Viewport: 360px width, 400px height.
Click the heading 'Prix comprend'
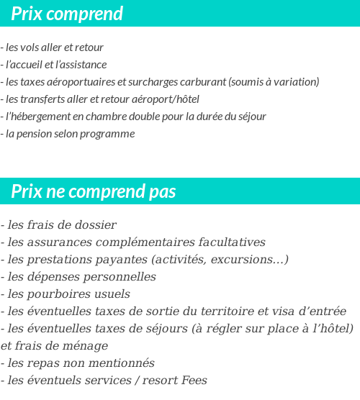pos(67,14)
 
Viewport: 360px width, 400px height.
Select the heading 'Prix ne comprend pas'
pos(94,192)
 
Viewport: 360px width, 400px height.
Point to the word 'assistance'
pos(84,65)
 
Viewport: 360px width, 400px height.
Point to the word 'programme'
pos(109,134)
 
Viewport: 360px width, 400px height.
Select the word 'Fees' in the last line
pos(194,381)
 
